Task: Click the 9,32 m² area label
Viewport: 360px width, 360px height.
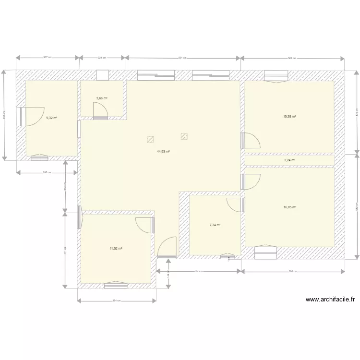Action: tap(51, 118)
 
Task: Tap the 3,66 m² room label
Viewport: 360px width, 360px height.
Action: tap(102, 98)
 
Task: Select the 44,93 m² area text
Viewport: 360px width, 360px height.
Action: tap(163, 151)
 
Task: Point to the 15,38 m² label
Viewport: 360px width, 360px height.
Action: tap(289, 117)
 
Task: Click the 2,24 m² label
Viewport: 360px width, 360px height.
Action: tap(289, 160)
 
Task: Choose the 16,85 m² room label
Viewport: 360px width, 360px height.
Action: tap(289, 207)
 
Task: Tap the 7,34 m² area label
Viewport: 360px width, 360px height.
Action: tap(215, 225)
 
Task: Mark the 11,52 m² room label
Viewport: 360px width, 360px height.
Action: tap(116, 249)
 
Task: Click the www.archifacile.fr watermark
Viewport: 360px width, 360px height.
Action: tap(330, 300)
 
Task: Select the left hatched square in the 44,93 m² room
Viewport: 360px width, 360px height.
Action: tap(150, 139)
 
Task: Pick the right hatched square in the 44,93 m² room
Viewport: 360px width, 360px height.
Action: tap(184, 136)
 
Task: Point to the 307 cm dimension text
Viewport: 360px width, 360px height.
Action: tap(48, 57)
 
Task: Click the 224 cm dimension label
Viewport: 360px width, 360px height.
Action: tap(101, 57)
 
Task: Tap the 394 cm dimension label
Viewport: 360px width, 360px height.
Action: tap(116, 301)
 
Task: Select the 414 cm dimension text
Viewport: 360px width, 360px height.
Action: tap(198, 271)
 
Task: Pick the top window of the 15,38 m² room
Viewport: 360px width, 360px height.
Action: tap(276, 76)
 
